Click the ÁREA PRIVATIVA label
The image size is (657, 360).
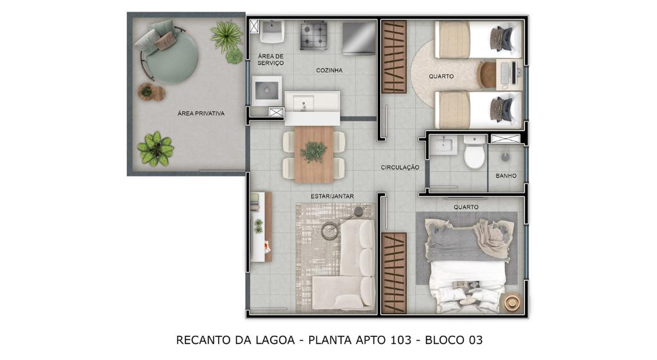[x=201, y=113]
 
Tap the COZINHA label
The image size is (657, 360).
[x=329, y=71]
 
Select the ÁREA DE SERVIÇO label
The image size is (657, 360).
[x=271, y=60]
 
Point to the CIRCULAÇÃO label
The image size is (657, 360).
[x=400, y=167]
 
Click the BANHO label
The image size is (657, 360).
[x=506, y=176]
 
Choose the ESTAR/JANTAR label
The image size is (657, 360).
[x=332, y=196]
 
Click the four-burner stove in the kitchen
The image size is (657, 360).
[x=313, y=36]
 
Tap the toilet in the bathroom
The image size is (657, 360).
[x=474, y=151]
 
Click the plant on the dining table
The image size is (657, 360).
[x=313, y=151]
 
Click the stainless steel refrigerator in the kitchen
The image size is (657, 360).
[x=359, y=38]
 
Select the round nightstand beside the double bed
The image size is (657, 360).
[x=512, y=302]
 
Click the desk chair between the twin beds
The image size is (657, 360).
[x=486, y=74]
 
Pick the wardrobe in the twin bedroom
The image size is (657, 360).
[x=394, y=56]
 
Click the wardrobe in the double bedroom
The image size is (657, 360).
[x=394, y=273]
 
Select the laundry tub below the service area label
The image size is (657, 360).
[x=266, y=90]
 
